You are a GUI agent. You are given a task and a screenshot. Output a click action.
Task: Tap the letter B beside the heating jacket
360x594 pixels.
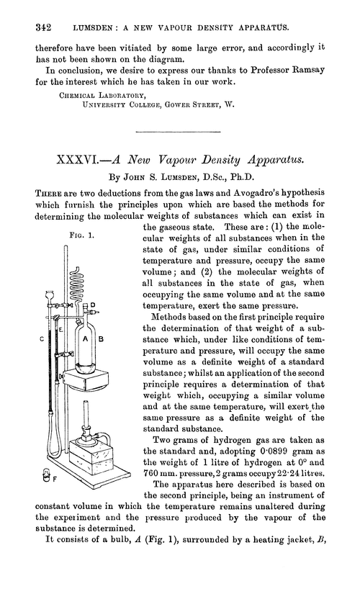tap(102, 338)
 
